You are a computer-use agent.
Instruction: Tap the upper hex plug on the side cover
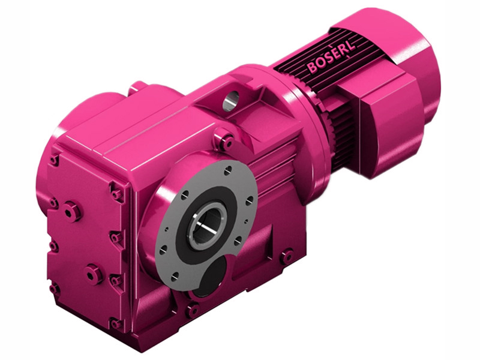[71, 211]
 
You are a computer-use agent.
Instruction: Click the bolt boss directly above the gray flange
[226, 142]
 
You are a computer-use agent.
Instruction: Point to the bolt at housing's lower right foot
[287, 256]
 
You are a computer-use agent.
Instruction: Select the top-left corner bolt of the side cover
[55, 160]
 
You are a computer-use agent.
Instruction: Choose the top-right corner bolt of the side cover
[116, 193]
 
